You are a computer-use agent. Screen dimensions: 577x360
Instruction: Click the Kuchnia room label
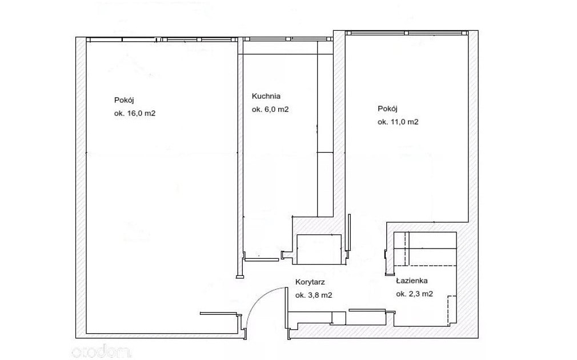pyautogui.click(x=266, y=97)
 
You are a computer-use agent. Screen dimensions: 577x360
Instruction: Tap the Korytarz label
pyautogui.click(x=310, y=282)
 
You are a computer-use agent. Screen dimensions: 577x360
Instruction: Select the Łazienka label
pyautogui.click(x=412, y=281)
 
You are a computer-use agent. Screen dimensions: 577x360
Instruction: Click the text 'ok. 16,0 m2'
pyautogui.click(x=135, y=113)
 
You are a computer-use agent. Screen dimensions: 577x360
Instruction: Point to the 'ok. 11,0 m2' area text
pyautogui.click(x=398, y=122)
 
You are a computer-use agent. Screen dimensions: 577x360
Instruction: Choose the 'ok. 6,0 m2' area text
pyautogui.click(x=270, y=110)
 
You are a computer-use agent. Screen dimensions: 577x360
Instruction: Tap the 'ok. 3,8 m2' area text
pyautogui.click(x=314, y=295)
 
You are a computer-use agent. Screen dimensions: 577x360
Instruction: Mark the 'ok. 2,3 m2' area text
pyautogui.click(x=414, y=294)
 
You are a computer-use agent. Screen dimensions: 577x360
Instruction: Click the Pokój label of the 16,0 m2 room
pyautogui.click(x=123, y=100)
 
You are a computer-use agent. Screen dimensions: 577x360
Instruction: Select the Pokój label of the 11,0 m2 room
pyautogui.click(x=387, y=109)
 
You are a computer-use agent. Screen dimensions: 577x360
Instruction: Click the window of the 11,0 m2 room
pyautogui.click(x=407, y=33)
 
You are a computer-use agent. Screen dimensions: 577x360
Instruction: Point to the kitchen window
pyautogui.click(x=288, y=39)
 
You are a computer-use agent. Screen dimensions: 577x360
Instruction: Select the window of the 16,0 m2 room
pyautogui.click(x=161, y=39)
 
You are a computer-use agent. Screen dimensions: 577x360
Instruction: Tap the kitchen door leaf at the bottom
pyautogui.click(x=261, y=259)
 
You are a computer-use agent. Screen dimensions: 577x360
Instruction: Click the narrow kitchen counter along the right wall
pyautogui.click(x=325, y=129)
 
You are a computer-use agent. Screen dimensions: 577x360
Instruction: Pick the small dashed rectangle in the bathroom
pyautogui.click(x=452, y=311)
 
